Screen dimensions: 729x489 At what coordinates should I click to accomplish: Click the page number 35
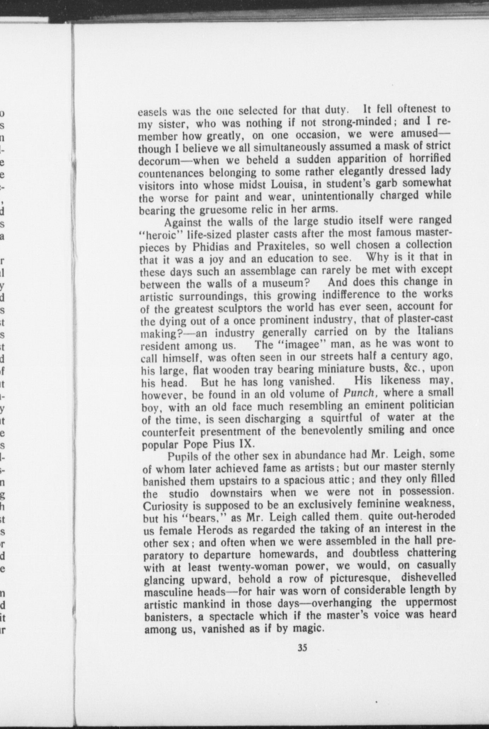pyautogui.click(x=303, y=648)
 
